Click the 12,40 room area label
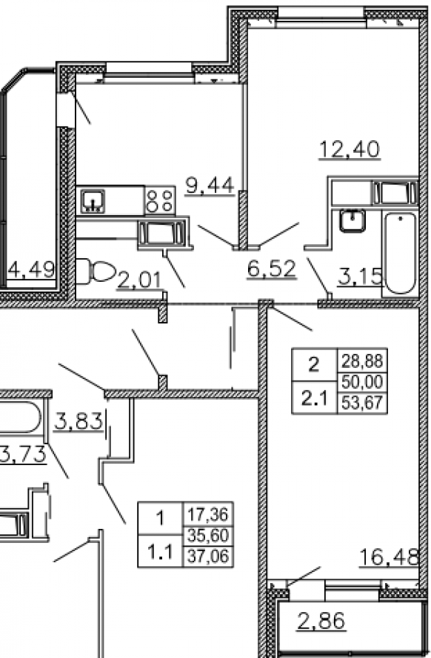pos(350,150)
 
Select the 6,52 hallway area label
pos(272,269)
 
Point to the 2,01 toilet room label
pos(139,280)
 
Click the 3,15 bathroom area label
pos(360,277)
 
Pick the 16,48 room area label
pos(390,558)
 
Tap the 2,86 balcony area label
pos(321,620)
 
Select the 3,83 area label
pos(78,421)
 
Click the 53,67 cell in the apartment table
pos(362,403)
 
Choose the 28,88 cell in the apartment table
pos(362,361)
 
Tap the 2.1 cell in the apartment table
pos(314,398)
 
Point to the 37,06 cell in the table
pos(208,556)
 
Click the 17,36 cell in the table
pos(208,514)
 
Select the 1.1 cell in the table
pos(161,551)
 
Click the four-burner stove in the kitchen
pos(160,200)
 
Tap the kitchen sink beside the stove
pos(93,200)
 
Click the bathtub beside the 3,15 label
pos(401,253)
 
